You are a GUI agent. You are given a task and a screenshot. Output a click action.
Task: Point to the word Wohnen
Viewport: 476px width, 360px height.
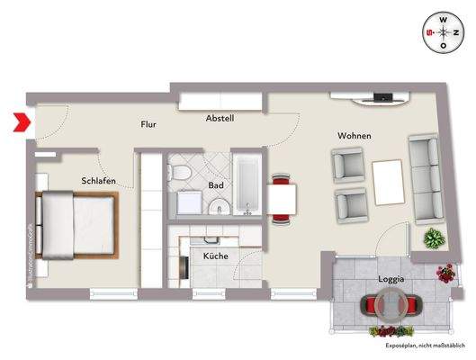tap(355, 136)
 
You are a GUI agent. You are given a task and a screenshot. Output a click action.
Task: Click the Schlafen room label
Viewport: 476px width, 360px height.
tap(96, 180)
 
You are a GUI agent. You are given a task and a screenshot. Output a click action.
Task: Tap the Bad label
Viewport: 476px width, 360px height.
tap(216, 185)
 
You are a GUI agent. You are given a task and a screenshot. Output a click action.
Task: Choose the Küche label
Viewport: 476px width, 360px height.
tap(215, 256)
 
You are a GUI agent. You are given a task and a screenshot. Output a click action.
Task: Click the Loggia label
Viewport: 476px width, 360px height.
tap(391, 280)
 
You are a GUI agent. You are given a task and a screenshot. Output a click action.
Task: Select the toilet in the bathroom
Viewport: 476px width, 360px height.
tap(181, 173)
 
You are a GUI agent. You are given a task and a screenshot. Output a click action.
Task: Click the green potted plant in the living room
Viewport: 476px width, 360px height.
tap(434, 239)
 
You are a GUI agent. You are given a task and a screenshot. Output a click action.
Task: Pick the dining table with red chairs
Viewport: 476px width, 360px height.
tap(283, 199)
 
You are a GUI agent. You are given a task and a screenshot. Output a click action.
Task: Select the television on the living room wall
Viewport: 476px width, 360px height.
tap(382, 96)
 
